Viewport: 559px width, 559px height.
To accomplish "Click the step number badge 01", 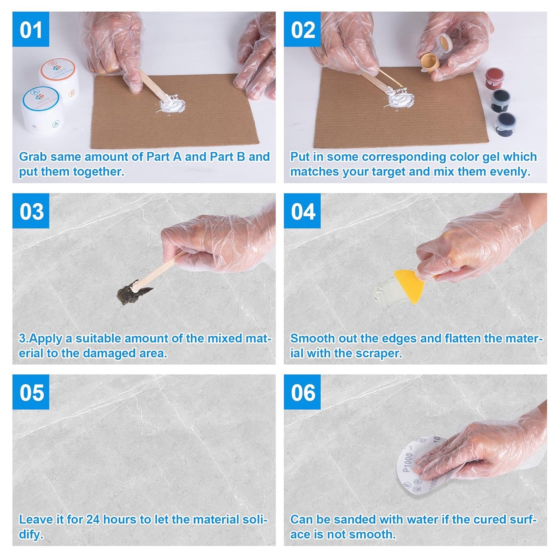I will click(31, 29).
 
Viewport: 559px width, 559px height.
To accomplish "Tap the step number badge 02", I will click(302, 29).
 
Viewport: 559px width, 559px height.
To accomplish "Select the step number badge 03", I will click(31, 211).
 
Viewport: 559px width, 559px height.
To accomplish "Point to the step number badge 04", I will click(302, 211).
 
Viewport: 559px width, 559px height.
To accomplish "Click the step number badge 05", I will click(31, 392).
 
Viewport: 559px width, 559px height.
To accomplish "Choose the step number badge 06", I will click(302, 392).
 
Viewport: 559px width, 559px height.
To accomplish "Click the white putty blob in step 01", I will click(172, 104).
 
